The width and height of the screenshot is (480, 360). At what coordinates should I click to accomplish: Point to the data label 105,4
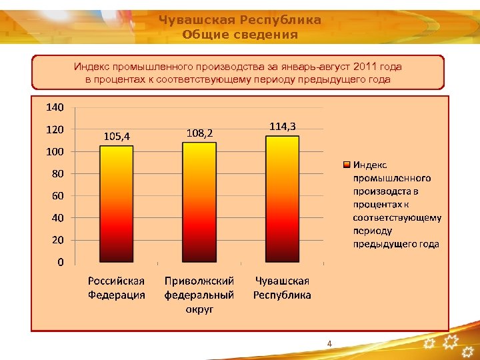[117, 136]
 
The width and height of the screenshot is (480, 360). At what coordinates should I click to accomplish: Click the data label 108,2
[199, 133]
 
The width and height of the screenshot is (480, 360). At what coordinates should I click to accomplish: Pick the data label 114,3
[283, 125]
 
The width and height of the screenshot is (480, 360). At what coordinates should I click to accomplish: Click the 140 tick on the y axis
[55, 107]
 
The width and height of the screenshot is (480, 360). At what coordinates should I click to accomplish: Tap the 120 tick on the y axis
[55, 129]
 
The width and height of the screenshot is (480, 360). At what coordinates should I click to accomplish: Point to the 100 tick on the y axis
[55, 151]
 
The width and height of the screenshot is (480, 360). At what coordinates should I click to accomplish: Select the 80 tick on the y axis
[57, 173]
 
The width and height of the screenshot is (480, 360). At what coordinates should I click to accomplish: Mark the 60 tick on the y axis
[57, 195]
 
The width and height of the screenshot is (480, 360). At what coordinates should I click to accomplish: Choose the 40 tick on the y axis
[57, 217]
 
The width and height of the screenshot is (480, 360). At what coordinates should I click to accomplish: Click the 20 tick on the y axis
[57, 239]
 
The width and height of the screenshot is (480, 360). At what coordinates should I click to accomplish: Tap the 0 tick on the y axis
[60, 262]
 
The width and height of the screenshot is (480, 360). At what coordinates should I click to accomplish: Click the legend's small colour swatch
[347, 164]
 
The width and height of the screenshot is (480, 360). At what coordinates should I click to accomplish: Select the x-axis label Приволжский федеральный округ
[199, 295]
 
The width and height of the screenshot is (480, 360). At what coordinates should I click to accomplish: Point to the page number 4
[329, 343]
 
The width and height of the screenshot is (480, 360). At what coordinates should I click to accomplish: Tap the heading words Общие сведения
[240, 35]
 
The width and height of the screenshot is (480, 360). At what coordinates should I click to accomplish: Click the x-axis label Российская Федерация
[117, 288]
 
